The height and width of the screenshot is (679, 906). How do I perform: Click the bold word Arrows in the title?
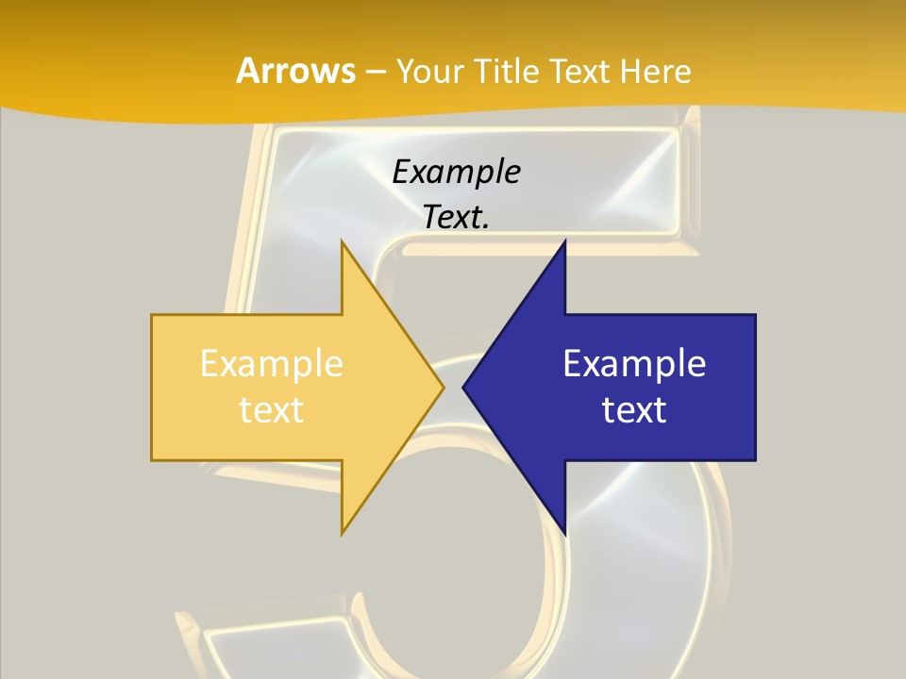pyautogui.click(x=296, y=71)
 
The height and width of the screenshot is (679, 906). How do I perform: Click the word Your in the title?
pyautogui.click(x=429, y=71)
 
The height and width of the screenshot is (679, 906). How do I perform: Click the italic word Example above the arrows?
pyautogui.click(x=457, y=172)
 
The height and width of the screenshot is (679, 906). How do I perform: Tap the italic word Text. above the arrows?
pyautogui.click(x=457, y=217)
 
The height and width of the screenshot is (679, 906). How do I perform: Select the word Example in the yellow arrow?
pyautogui.click(x=272, y=363)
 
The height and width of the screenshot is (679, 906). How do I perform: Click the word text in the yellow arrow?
pyautogui.click(x=272, y=410)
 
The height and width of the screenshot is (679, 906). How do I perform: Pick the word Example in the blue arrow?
pyautogui.click(x=634, y=363)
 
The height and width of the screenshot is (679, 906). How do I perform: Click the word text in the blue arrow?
pyautogui.click(x=634, y=410)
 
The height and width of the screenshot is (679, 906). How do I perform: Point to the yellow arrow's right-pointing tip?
pyautogui.click(x=443, y=387)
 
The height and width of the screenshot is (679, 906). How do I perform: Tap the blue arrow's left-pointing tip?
pyautogui.click(x=464, y=387)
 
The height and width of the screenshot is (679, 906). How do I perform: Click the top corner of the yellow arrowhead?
pyautogui.click(x=342, y=241)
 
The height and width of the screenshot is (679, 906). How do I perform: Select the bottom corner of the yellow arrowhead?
pyautogui.click(x=342, y=534)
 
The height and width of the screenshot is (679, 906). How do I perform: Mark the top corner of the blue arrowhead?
pyautogui.click(x=564, y=241)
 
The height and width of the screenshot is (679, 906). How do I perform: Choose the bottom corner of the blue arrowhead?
pyautogui.click(x=564, y=534)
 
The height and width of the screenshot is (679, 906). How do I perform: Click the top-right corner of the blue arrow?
pyautogui.click(x=755, y=315)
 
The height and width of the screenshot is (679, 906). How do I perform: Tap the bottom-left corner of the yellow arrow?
pyautogui.click(x=152, y=460)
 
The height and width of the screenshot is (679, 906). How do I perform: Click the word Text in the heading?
pyautogui.click(x=575, y=71)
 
